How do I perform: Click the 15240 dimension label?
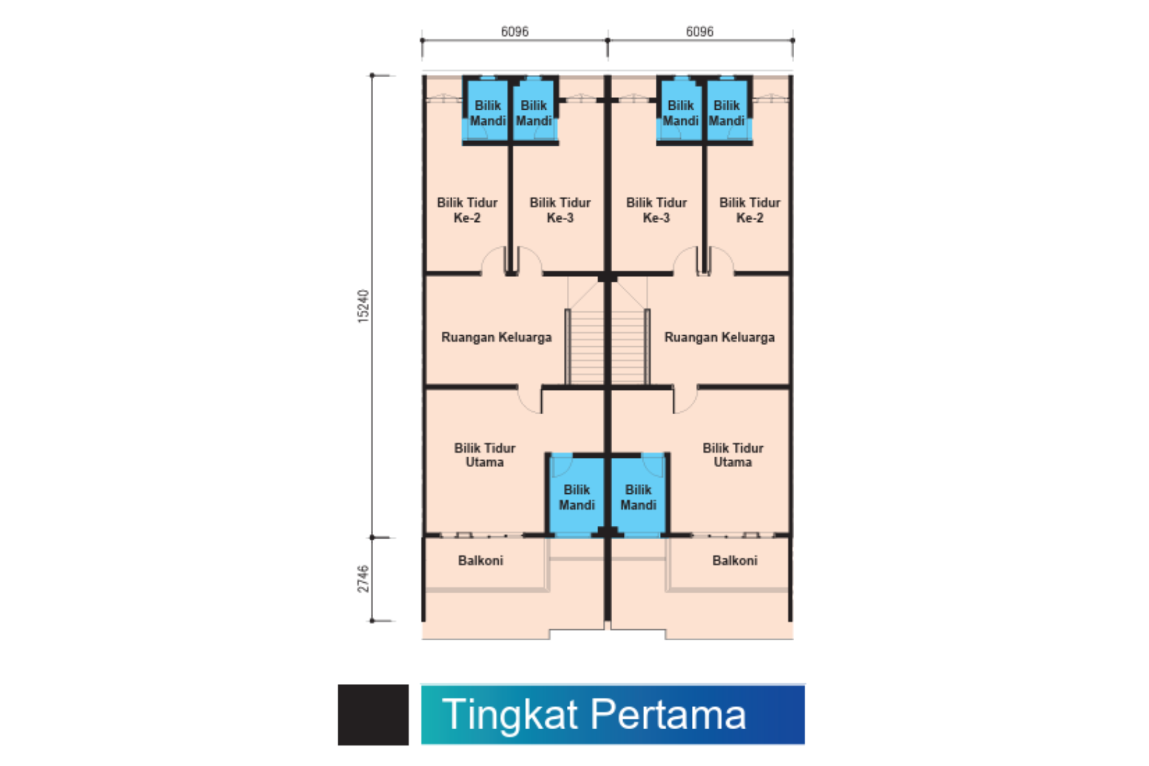click(363, 306)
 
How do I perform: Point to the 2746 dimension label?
click(363, 578)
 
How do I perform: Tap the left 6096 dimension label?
click(515, 31)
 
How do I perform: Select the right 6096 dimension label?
click(700, 31)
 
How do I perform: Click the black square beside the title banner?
click(373, 715)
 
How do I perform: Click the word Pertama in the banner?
click(669, 714)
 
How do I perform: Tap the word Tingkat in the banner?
click(510, 715)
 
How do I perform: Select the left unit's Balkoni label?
click(480, 560)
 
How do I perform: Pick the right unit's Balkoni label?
click(735, 560)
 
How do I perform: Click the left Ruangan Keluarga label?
click(496, 337)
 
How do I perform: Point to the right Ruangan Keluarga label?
click(719, 337)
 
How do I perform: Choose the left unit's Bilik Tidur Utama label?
click(485, 455)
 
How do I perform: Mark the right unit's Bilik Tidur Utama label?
click(733, 455)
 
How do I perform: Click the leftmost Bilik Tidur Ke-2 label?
click(467, 210)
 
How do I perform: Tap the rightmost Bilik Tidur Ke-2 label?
click(749, 210)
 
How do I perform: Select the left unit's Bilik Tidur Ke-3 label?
click(560, 210)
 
